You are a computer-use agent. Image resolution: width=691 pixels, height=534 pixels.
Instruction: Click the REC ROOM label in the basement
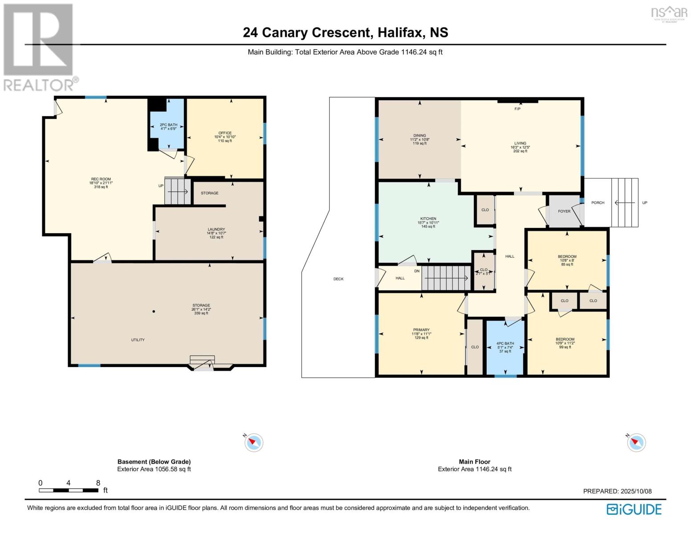pos(100,179)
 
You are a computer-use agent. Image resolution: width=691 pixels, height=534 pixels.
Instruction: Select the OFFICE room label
pos(225,133)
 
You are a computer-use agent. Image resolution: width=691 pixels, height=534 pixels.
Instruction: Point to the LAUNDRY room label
pos(216,230)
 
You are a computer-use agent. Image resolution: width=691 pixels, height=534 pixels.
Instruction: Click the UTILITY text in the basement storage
pos(137,340)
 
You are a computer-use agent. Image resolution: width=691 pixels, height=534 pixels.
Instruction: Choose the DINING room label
pos(419,136)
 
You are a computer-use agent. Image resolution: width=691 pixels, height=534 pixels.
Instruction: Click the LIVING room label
pos(520,144)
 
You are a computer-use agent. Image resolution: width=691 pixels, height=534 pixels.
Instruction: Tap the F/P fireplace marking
pos(517,109)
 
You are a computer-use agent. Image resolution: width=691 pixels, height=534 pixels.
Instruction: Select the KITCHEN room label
pos(428,219)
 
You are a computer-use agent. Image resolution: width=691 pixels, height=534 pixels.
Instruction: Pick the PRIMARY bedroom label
pos(420,330)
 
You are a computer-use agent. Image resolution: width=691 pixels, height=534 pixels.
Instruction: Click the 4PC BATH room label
pos(505,344)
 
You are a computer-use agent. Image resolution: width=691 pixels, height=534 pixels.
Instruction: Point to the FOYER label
pos(564,211)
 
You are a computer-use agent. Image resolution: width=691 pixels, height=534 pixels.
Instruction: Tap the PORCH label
pos(597,203)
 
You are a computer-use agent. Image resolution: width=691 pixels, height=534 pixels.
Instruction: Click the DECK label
pos(338,279)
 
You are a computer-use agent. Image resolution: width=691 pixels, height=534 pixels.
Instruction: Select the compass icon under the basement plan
pos(254,443)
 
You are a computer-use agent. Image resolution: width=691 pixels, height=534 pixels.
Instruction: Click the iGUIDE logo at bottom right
pos(634,509)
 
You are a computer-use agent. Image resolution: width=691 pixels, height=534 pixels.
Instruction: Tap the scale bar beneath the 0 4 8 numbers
pos(68,490)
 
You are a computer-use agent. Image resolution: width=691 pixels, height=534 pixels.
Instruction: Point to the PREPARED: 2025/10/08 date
pos(617,491)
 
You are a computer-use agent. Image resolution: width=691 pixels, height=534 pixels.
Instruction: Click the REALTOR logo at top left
pos(39,47)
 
